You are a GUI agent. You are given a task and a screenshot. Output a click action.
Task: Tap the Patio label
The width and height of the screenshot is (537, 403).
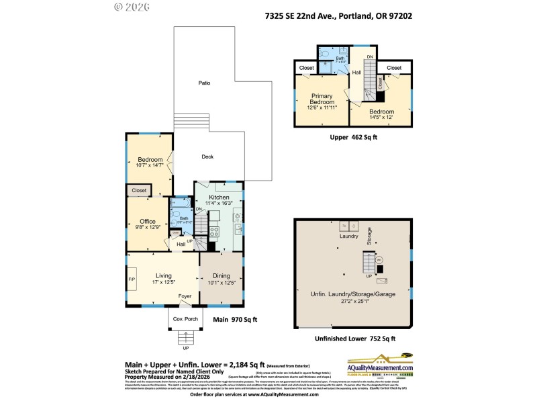pyautogui.click(x=204, y=83)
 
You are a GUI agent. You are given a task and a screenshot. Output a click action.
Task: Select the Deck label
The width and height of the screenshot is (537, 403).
pyautogui.click(x=207, y=156)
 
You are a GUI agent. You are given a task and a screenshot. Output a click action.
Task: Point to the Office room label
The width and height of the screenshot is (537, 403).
pyautogui.click(x=148, y=221)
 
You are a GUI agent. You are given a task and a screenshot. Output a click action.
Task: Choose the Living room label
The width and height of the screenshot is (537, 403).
pyautogui.click(x=164, y=275)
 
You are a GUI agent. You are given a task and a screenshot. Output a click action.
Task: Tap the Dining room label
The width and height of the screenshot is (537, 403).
pyautogui.click(x=221, y=275)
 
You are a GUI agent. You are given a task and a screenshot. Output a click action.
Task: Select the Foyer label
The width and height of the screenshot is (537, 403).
pyautogui.click(x=184, y=296)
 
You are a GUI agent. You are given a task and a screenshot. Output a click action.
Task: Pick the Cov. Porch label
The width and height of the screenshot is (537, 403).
pyautogui.click(x=184, y=318)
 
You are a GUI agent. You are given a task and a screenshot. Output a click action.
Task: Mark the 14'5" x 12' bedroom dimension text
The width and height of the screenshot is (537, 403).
pyautogui.click(x=381, y=117)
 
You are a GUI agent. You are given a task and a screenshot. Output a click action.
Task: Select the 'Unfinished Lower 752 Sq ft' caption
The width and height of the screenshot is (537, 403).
pyautogui.click(x=352, y=339)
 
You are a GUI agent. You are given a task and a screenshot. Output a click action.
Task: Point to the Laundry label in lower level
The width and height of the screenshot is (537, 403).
pyautogui.click(x=349, y=236)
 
